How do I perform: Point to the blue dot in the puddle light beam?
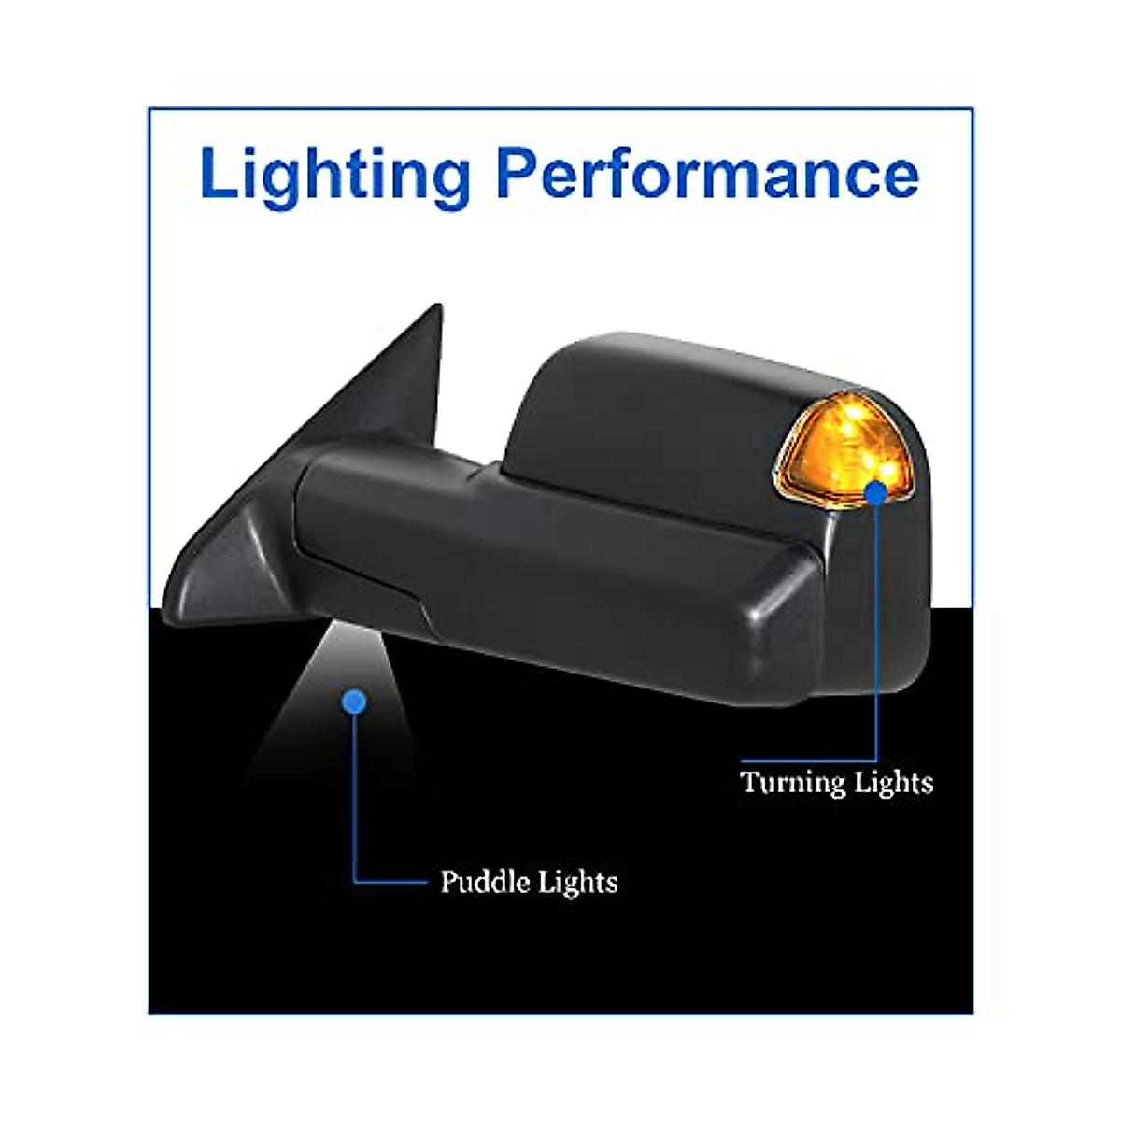pos(354,701)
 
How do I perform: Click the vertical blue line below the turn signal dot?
pos(877,635)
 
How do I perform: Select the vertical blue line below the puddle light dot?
pos(355,794)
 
